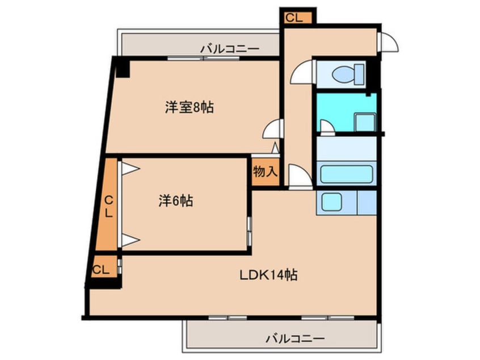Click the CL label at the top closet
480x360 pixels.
pyautogui.click(x=294, y=18)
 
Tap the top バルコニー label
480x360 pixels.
pyautogui.click(x=229, y=49)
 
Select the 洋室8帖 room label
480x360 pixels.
pyautogui.click(x=190, y=107)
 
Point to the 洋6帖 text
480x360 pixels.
pyautogui.click(x=175, y=200)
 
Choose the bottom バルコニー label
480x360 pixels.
pyautogui.click(x=295, y=339)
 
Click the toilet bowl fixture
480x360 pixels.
pyautogui.click(x=346, y=74)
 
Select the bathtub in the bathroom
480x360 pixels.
pyautogui.click(x=346, y=173)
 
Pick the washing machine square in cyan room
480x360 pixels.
pyautogui.click(x=364, y=122)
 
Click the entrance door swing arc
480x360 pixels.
pyautogui.click(x=389, y=43)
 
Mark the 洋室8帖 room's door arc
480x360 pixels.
pyautogui.click(x=272, y=129)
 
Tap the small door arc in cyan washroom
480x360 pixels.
pyautogui.click(x=327, y=126)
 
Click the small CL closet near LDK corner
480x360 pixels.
pyautogui.click(x=101, y=269)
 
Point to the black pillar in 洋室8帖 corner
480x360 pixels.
pyautogui.click(x=122, y=68)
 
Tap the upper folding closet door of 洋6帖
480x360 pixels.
pyautogui.click(x=130, y=169)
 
